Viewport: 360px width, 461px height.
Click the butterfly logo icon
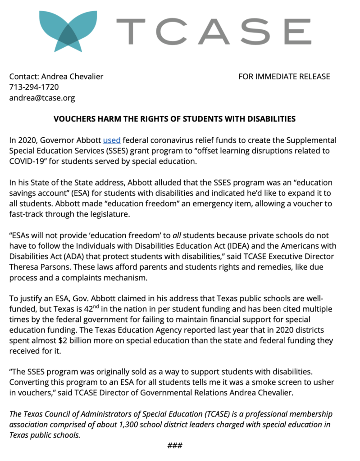pos(68,30)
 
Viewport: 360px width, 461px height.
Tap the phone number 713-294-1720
pos(34,87)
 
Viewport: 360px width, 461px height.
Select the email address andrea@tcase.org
pos(42,98)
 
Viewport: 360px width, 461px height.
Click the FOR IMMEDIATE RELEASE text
pos(284,77)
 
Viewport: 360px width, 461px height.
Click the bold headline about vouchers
pos(175,119)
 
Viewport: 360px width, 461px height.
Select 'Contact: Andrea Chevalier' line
pos(56,77)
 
